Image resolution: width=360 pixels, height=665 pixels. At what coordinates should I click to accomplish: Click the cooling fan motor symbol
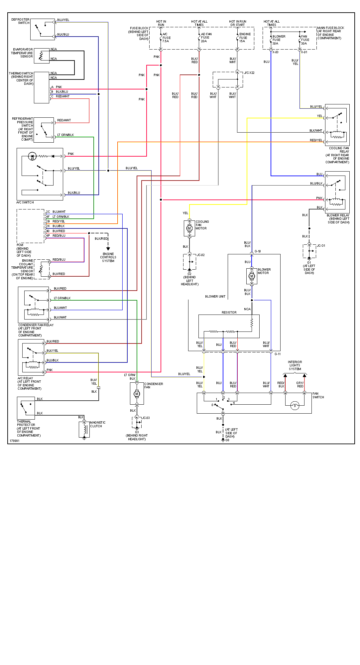pyautogui.click(x=189, y=228)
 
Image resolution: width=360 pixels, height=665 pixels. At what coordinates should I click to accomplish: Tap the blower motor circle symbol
pyautogui.click(x=252, y=276)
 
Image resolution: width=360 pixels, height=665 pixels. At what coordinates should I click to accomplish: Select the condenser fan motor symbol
pyautogui.click(x=137, y=394)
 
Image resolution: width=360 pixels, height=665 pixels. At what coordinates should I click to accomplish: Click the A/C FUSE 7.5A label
pyautogui.click(x=166, y=38)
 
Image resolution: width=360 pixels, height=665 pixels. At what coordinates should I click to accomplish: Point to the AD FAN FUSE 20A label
pyautogui.click(x=206, y=38)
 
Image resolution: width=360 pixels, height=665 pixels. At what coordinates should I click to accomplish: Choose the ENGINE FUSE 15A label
pyautogui.click(x=245, y=38)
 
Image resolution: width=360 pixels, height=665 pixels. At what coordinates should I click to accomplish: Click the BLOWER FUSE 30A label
pyautogui.click(x=278, y=40)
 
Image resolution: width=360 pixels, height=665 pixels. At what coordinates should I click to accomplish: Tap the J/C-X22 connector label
pyautogui.click(x=249, y=73)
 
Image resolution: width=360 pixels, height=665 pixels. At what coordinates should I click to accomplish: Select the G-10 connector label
pyautogui.click(x=258, y=251)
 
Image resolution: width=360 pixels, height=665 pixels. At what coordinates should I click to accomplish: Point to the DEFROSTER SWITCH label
pyautogui.click(x=21, y=21)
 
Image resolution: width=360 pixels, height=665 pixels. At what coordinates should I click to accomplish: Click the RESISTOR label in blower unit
pyautogui.click(x=229, y=313)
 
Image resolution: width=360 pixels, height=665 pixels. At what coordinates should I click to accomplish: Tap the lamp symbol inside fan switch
pyautogui.click(x=295, y=405)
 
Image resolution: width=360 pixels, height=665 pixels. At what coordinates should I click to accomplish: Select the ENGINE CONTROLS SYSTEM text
pyautogui.click(x=108, y=257)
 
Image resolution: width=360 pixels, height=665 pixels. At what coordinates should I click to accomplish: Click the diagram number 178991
pyautogui.click(x=14, y=441)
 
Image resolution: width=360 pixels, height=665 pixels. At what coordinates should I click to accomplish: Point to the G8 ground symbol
pyautogui.click(x=223, y=440)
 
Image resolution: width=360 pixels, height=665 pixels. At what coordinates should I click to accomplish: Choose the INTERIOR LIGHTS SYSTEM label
pyautogui.click(x=295, y=365)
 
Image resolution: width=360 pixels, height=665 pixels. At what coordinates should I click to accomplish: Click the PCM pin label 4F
pyautogui.click(x=48, y=217)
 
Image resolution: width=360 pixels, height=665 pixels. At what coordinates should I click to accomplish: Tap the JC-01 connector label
pyautogui.click(x=321, y=246)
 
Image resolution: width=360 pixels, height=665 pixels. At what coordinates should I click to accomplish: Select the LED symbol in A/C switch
pyautogui.click(x=32, y=156)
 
